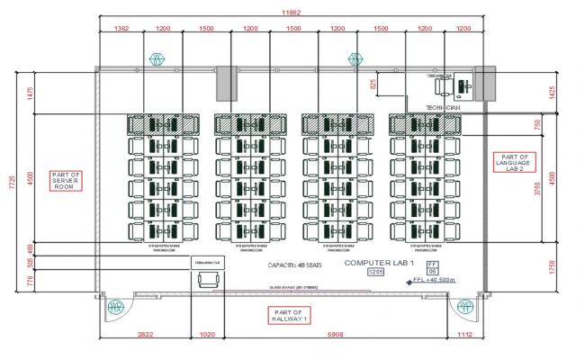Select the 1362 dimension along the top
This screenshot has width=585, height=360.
pyautogui.click(x=121, y=29)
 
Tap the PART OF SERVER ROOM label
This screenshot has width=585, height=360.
pyautogui.click(x=67, y=181)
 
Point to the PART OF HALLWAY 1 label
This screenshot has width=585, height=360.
pyautogui.click(x=289, y=315)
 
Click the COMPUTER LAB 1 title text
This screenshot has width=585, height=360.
pyautogui.click(x=378, y=262)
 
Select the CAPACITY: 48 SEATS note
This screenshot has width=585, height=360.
pyautogui.click(x=292, y=266)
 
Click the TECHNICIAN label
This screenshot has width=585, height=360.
pyautogui.click(x=442, y=106)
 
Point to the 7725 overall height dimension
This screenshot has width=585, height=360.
pyautogui.click(x=12, y=184)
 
